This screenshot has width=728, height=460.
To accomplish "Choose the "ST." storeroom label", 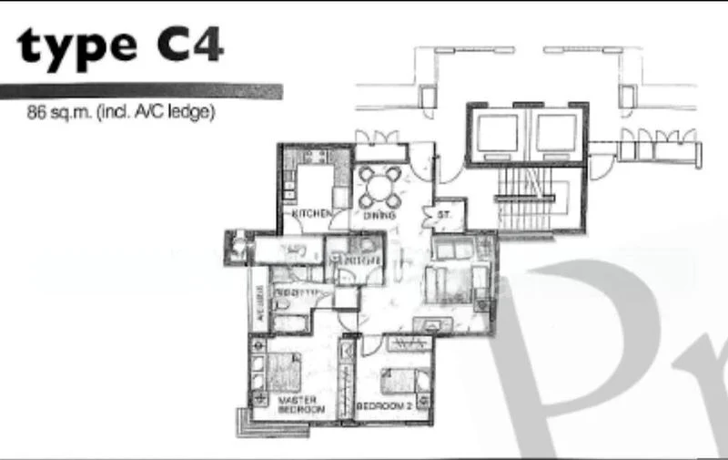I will click(445, 216).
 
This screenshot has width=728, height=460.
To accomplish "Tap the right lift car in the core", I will click(554, 133).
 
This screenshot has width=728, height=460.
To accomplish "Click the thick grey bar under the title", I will click(141, 92).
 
